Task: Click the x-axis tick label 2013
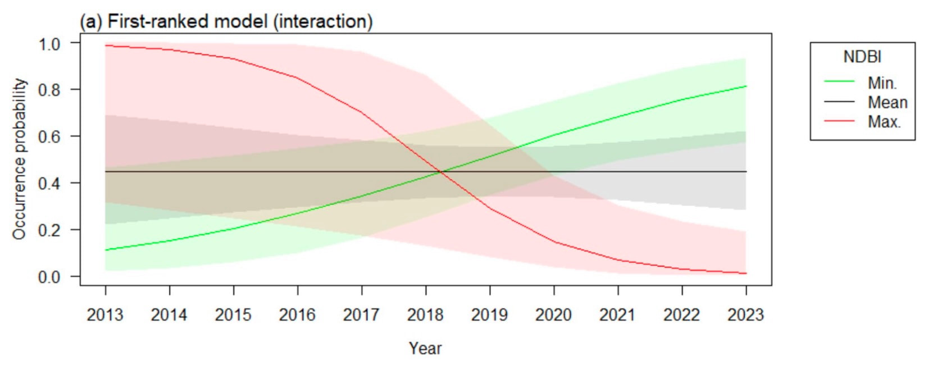(105, 314)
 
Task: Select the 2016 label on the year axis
(297, 314)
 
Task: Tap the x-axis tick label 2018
(425, 314)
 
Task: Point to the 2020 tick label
(553, 314)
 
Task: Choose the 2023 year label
(745, 314)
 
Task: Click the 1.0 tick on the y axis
(49, 43)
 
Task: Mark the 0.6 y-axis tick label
(49, 136)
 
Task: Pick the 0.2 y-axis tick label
(49, 230)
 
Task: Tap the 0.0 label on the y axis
(49, 277)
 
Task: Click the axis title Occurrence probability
(20, 159)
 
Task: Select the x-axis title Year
(425, 348)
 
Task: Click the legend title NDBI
(862, 57)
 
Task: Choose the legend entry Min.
(882, 83)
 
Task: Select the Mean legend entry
(888, 102)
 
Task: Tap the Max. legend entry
(884, 121)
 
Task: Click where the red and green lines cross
(441, 172)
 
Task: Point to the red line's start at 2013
(106, 45)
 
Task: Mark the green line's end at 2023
(746, 86)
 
